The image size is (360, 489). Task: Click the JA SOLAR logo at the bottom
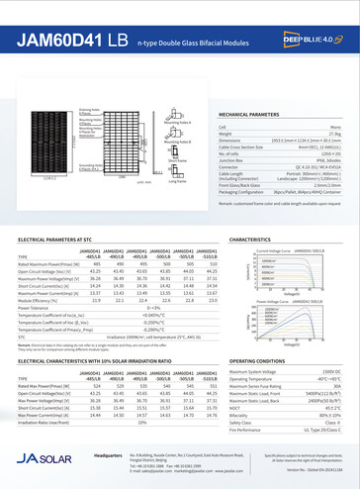pyautogui.click(x=37, y=459)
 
